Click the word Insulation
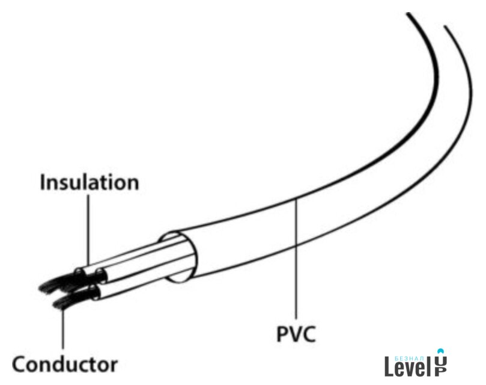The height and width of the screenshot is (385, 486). pyautogui.click(x=90, y=182)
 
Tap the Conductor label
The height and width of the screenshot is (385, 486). pyautogui.click(x=65, y=363)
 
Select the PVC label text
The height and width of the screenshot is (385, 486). pyautogui.click(x=295, y=334)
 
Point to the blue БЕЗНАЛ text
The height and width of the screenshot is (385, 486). pyautogui.click(x=410, y=355)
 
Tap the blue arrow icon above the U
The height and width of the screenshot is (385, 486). pyautogui.click(x=440, y=350)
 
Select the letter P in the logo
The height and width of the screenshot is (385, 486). pyautogui.click(x=440, y=372)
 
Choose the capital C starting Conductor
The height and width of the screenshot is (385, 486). pyautogui.click(x=20, y=363)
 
